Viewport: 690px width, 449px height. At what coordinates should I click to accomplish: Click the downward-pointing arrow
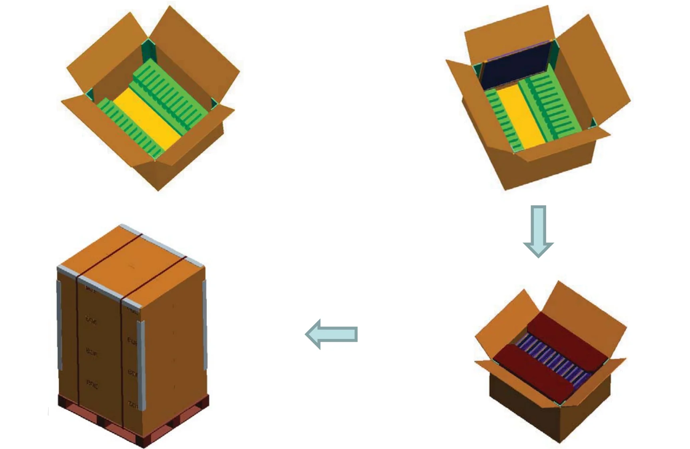click(x=538, y=231)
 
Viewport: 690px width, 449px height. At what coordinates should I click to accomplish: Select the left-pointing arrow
click(x=332, y=334)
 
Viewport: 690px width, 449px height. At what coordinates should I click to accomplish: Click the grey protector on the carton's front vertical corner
click(x=141, y=363)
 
